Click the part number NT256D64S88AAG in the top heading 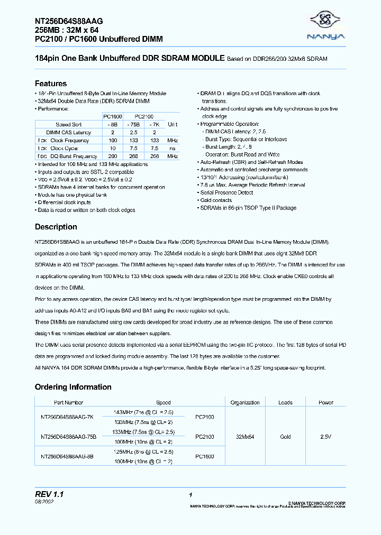point(69,21)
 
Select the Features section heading point(51,84)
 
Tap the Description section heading point(56,227)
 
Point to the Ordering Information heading point(73,387)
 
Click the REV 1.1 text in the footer point(49,494)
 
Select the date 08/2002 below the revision point(44,502)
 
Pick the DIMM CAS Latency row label point(68,132)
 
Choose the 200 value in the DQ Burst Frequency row point(112,156)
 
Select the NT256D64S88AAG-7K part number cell point(67,417)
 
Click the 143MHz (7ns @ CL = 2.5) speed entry point(143,412)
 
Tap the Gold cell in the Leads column point(285,437)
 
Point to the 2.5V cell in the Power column point(326,437)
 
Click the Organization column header point(245,403)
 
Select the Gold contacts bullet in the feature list point(217,200)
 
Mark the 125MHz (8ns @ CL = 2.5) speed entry point(143,452)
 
